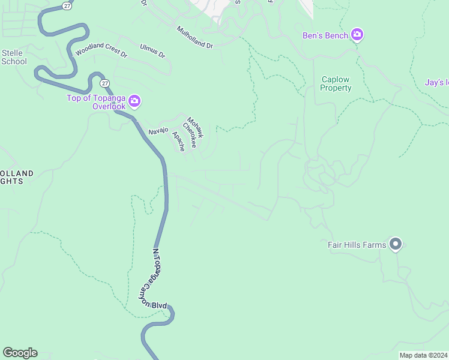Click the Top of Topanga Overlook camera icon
134,101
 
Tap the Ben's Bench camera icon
358,35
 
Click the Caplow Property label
336,83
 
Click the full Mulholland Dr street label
194,37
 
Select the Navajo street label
158,130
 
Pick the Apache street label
178,141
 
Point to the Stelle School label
13,57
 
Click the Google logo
20,353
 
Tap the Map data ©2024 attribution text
423,355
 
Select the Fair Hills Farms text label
357,244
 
